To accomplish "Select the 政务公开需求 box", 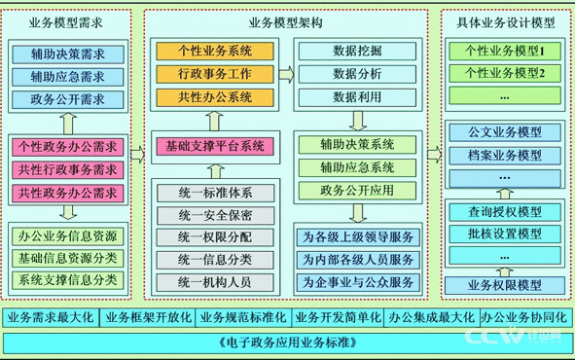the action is tap(67, 98).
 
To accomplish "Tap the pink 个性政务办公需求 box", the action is tap(67, 147).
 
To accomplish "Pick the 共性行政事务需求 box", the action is tap(67, 170).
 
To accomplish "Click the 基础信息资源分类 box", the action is tap(67, 258).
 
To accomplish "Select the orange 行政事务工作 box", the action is tap(213, 73).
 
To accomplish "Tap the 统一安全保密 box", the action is tap(214, 213).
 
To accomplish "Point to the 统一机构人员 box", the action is tap(214, 281).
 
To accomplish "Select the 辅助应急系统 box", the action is tap(357, 166).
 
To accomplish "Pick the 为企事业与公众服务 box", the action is tap(357, 282).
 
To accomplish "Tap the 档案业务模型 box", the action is tap(504, 156).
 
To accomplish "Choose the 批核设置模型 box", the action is tap(504, 234).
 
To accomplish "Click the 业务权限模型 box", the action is tap(504, 285).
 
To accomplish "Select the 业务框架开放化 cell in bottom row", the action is tap(148, 318).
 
